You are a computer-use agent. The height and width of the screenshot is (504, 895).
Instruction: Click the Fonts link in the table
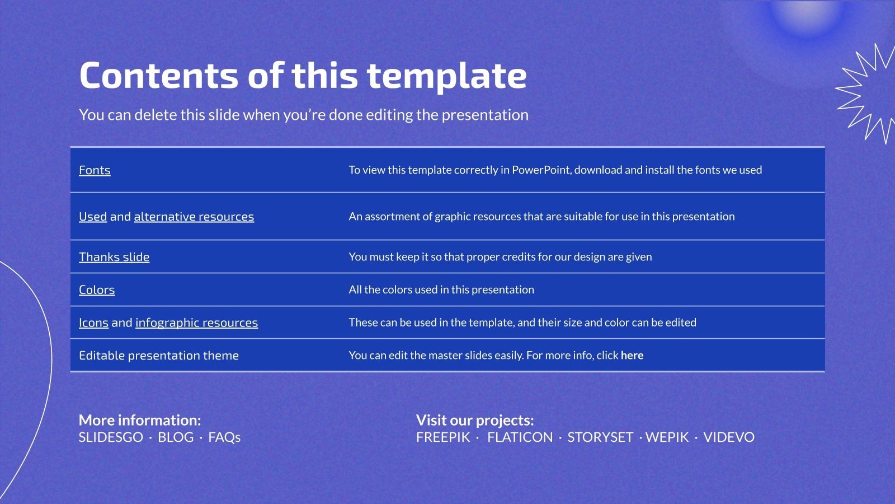click(x=95, y=170)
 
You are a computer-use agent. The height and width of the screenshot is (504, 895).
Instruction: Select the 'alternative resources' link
click(x=194, y=216)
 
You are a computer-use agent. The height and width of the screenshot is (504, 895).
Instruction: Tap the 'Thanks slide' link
click(x=114, y=257)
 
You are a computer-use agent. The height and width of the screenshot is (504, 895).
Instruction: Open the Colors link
click(x=97, y=290)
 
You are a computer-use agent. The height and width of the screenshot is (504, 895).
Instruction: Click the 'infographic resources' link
click(x=196, y=323)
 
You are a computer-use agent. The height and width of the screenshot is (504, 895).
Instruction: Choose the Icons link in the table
click(x=93, y=323)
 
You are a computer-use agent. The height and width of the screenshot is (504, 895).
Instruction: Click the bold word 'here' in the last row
click(x=632, y=355)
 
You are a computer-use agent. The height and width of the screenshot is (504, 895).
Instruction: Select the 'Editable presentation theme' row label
click(x=159, y=355)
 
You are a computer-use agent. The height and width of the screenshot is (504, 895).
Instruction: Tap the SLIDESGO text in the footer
click(x=111, y=437)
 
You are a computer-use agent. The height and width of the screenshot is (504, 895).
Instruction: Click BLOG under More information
click(x=176, y=437)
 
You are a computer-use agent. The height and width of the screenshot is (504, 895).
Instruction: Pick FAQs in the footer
click(x=224, y=437)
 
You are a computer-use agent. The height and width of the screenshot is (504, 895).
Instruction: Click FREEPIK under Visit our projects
click(x=443, y=437)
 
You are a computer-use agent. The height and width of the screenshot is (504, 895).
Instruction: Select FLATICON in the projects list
click(x=520, y=437)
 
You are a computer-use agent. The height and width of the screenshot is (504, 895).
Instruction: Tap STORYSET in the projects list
click(x=600, y=437)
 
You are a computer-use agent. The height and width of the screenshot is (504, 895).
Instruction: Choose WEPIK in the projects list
click(x=667, y=437)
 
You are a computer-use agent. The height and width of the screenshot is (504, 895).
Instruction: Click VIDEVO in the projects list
click(x=729, y=437)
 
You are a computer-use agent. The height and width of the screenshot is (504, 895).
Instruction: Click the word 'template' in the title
click(x=447, y=76)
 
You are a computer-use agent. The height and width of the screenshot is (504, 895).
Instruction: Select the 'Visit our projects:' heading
click(x=475, y=420)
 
